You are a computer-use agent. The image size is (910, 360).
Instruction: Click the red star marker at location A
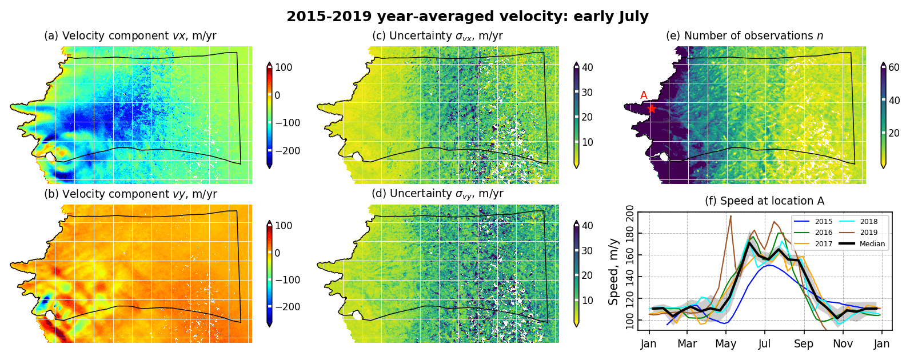coord(652,108)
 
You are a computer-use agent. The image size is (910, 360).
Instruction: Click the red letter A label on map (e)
coord(644,95)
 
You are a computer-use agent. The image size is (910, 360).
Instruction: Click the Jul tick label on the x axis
coord(765,344)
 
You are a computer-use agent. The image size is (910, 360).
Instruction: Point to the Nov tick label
coord(843,344)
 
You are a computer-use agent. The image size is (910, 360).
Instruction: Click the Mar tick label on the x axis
coord(687,344)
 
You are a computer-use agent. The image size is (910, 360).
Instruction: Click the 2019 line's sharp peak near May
coord(731,216)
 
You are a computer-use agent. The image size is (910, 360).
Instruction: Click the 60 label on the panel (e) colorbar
coord(894,68)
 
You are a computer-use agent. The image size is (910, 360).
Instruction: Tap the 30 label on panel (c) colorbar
coord(587,93)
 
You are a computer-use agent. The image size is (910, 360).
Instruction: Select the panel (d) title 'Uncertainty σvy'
coord(437,194)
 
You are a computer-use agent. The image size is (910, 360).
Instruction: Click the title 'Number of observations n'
coord(744,35)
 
